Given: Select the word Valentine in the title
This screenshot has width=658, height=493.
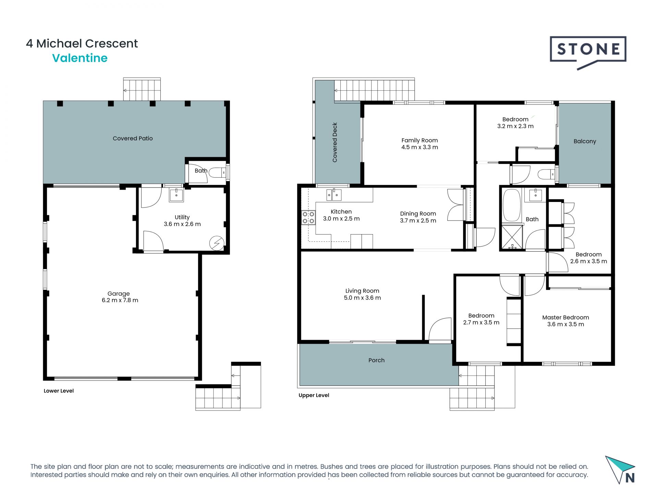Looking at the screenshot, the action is point(80,58).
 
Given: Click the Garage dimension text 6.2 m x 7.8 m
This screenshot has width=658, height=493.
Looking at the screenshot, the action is point(120,300).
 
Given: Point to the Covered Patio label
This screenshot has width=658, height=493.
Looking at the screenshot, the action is point(133,138).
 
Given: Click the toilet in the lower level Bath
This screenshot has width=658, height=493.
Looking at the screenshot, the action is point(217,173).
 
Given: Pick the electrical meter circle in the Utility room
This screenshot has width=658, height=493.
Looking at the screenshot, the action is point(217,243).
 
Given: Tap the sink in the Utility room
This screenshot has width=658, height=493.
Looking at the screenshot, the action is point(176,195).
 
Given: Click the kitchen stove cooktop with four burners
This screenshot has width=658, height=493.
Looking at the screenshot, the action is point(308,218).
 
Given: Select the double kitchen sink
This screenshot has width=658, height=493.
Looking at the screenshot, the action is point(334,195).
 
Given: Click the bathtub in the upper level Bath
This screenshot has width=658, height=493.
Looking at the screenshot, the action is point(512,205).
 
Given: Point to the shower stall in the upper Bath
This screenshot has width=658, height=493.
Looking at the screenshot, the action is point(512,237).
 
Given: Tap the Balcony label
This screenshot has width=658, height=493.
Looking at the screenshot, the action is point(585,141).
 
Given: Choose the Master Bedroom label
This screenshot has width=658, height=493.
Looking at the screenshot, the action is point(565,317).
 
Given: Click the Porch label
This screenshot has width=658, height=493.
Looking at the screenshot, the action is point(376,360).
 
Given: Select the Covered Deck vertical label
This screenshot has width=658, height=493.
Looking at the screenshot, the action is point(335,142).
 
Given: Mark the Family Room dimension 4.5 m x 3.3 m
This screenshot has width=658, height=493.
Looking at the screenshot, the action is point(419,147).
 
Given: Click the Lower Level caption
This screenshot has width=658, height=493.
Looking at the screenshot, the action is point(59,391).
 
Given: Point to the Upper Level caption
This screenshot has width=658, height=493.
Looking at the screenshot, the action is point(314,395).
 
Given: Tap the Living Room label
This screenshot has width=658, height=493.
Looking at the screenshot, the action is point(362,291).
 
